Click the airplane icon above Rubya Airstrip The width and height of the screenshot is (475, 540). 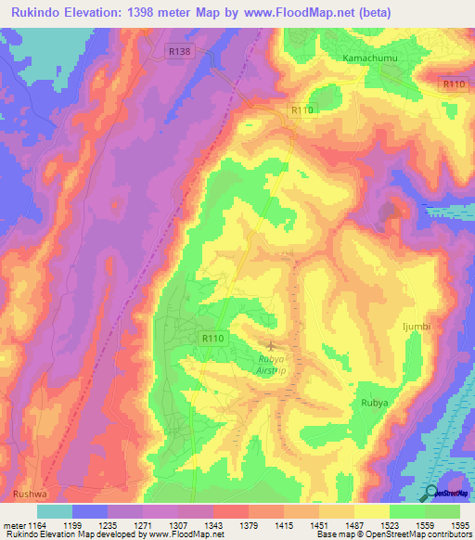click(x=272, y=346)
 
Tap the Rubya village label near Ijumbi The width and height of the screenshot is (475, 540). click(x=373, y=404)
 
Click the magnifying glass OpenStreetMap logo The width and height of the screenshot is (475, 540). click(x=432, y=493)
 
